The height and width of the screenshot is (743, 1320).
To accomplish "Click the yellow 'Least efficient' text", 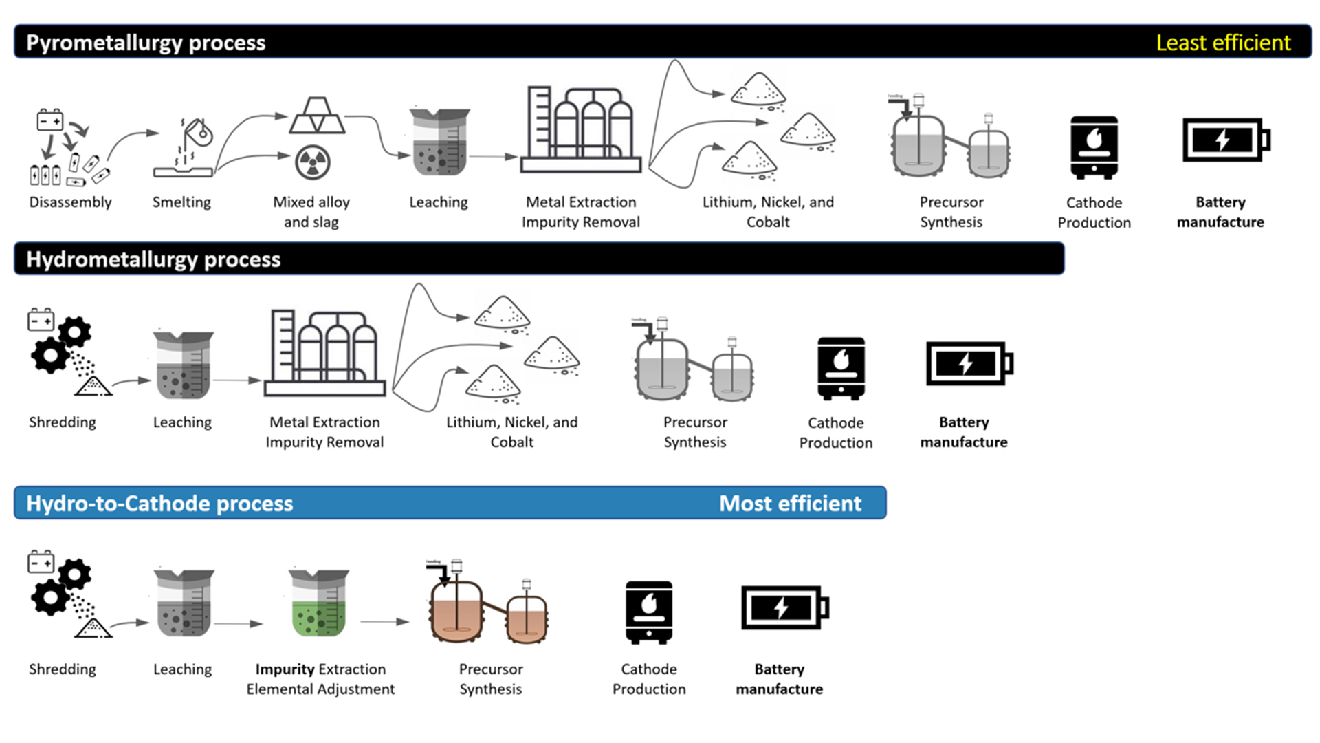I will (1222, 43).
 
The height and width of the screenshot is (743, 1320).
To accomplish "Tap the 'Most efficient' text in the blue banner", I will (789, 504).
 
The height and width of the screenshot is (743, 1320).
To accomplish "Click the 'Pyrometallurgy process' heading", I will (146, 43).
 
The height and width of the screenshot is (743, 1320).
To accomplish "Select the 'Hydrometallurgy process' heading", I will (153, 259).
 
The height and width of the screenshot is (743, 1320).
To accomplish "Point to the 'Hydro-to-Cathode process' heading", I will (159, 504).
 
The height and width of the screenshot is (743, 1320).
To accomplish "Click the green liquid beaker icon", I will (318, 603).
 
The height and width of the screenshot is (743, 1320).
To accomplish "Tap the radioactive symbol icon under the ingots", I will (313, 162).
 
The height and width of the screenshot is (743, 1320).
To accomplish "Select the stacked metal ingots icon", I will (317, 116).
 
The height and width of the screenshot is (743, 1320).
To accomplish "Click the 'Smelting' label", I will (181, 202).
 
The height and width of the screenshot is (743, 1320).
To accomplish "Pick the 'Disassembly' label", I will (70, 202).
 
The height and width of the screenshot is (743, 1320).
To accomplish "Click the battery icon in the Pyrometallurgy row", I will (1226, 140).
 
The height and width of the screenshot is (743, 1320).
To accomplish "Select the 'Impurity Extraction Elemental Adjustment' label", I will (320, 679).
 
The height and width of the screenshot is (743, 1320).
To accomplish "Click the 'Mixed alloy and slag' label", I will (311, 212).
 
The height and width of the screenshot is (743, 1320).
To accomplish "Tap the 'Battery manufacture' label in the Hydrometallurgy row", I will (963, 432).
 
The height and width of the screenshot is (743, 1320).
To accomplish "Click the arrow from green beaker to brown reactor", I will (384, 622).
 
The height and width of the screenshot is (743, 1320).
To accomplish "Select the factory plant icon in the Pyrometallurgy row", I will (581, 130).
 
